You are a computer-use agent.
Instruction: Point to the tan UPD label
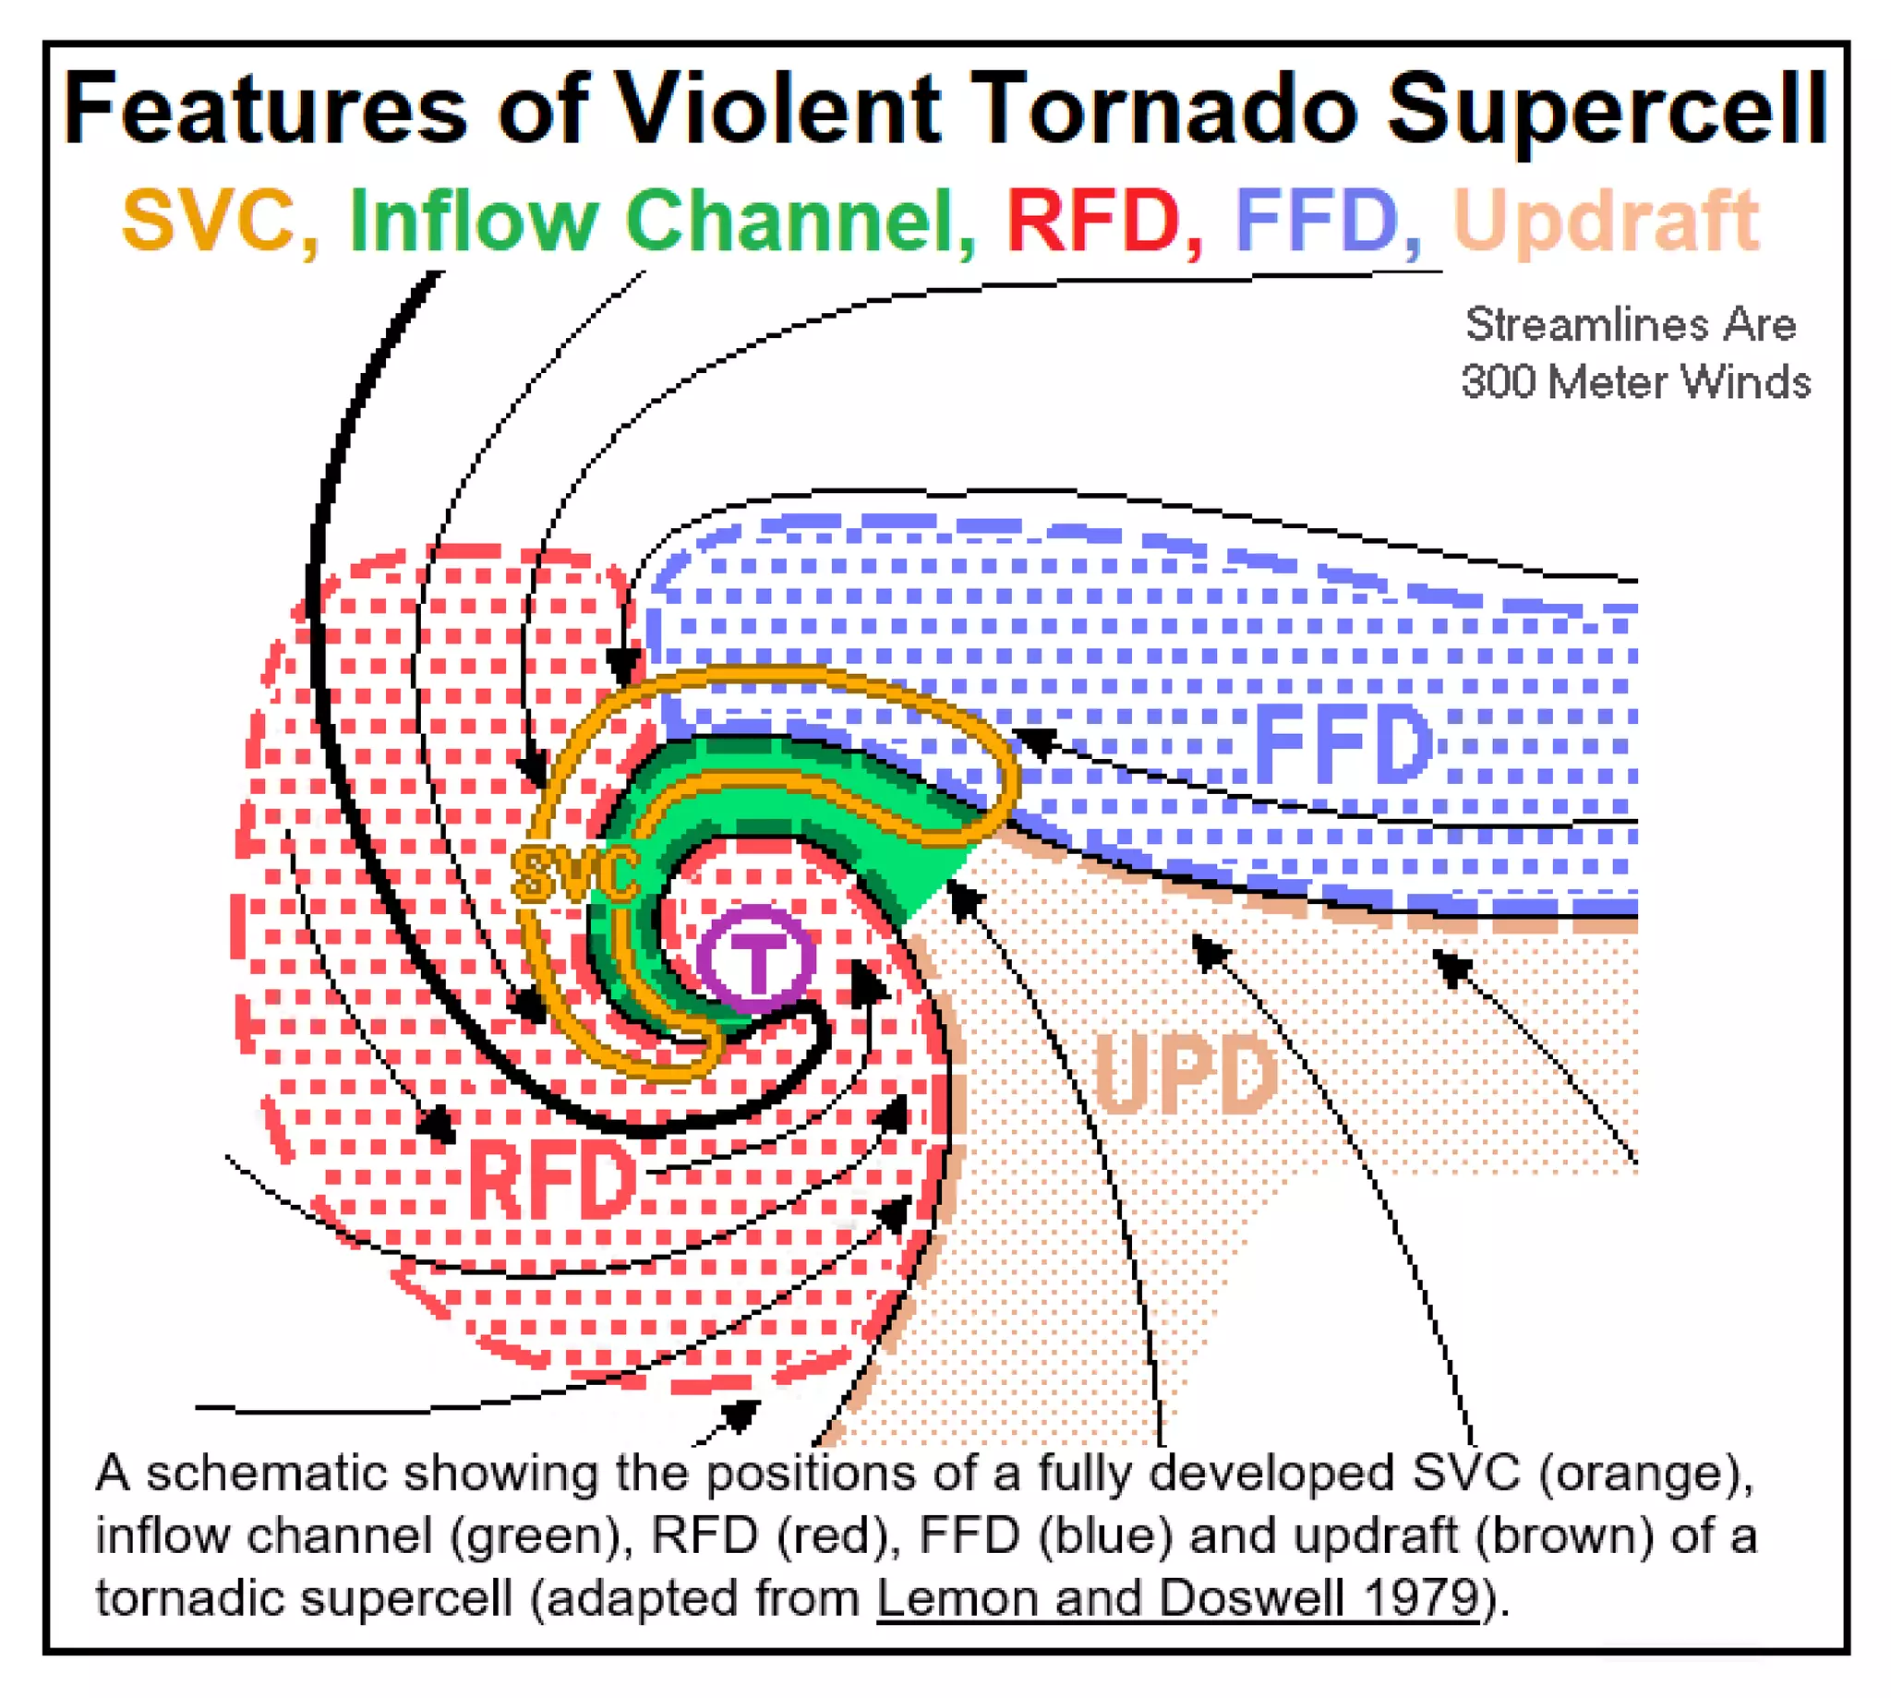click(x=1185, y=1075)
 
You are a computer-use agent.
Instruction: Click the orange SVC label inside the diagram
click(x=575, y=874)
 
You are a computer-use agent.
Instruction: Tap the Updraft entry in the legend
click(x=1606, y=222)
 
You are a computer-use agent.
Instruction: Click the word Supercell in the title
click(x=1607, y=112)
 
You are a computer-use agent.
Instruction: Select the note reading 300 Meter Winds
click(x=1635, y=381)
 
